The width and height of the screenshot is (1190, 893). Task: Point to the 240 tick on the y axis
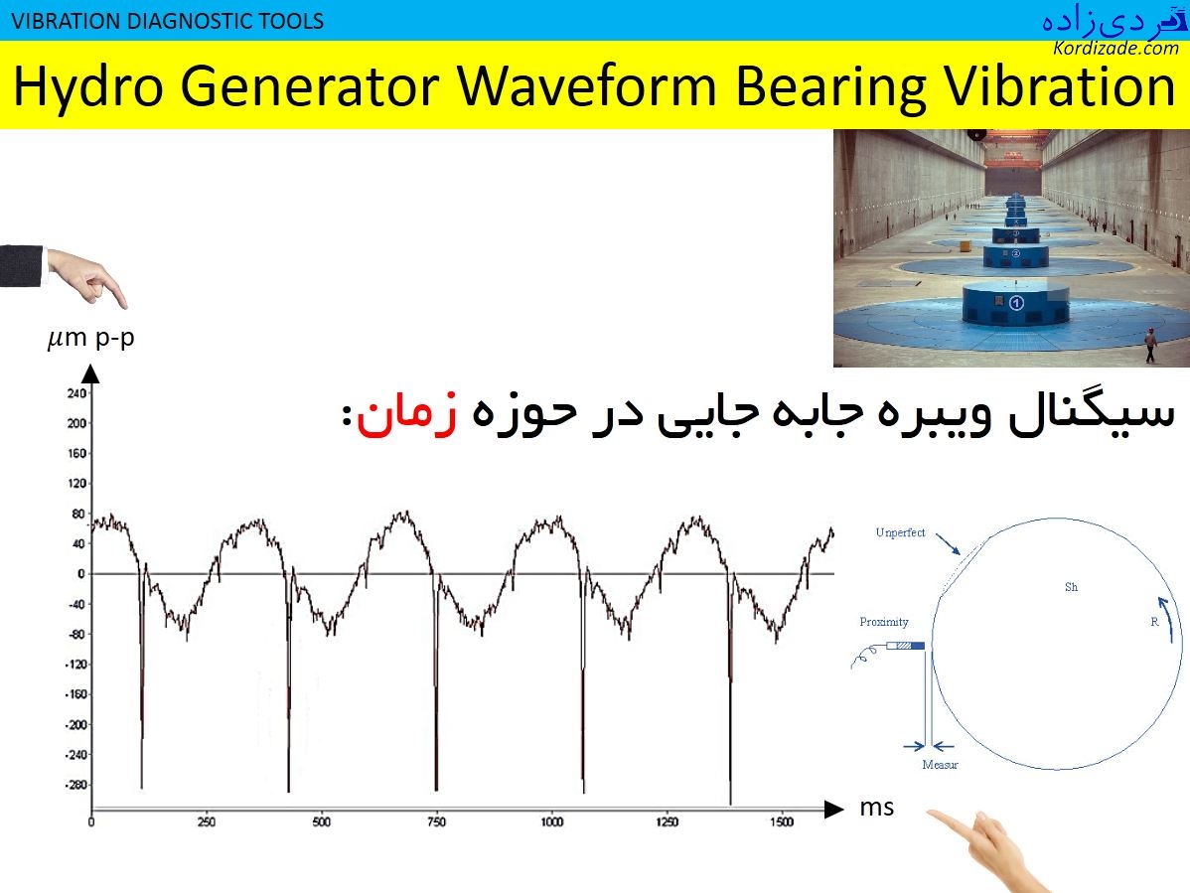click(x=75, y=393)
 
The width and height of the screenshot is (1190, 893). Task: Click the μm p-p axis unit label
click(x=90, y=339)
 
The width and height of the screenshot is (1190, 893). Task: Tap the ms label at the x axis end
click(x=876, y=808)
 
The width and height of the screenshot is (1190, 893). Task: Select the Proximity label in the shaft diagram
click(x=884, y=623)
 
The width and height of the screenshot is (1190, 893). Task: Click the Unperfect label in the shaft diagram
click(x=900, y=533)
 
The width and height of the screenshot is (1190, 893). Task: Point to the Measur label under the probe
click(x=940, y=765)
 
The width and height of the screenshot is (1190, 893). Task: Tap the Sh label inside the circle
click(x=1071, y=588)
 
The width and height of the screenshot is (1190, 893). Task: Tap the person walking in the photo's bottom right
click(x=1150, y=345)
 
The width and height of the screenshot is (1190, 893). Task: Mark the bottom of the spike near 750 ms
click(x=436, y=790)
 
